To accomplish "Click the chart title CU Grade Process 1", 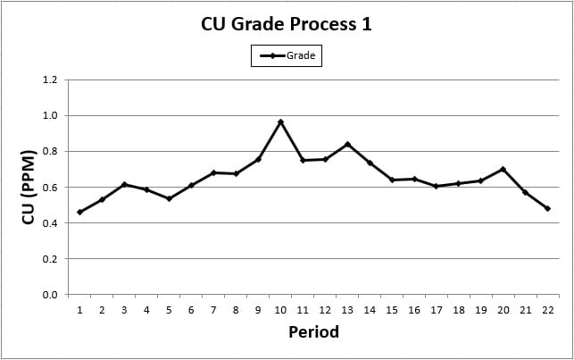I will (286, 24).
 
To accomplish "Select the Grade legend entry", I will (286, 56).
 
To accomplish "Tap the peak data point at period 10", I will (280, 121).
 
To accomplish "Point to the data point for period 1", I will (79, 212).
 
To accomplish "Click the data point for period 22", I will (547, 208).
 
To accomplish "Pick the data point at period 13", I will (347, 144).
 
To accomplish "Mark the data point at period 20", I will (503, 169).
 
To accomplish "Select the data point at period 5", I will (169, 198).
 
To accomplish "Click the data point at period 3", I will (124, 184).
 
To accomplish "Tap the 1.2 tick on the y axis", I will (50, 80).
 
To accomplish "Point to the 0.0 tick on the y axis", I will (50, 295).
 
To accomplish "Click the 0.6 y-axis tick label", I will (50, 188).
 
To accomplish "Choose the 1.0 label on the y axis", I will (50, 115).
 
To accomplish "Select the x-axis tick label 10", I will (280, 310).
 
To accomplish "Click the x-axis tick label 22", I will (547, 310).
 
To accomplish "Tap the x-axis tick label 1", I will (79, 310).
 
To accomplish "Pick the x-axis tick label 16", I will (414, 310).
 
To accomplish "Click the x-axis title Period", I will (313, 332).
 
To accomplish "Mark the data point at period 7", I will (213, 172).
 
